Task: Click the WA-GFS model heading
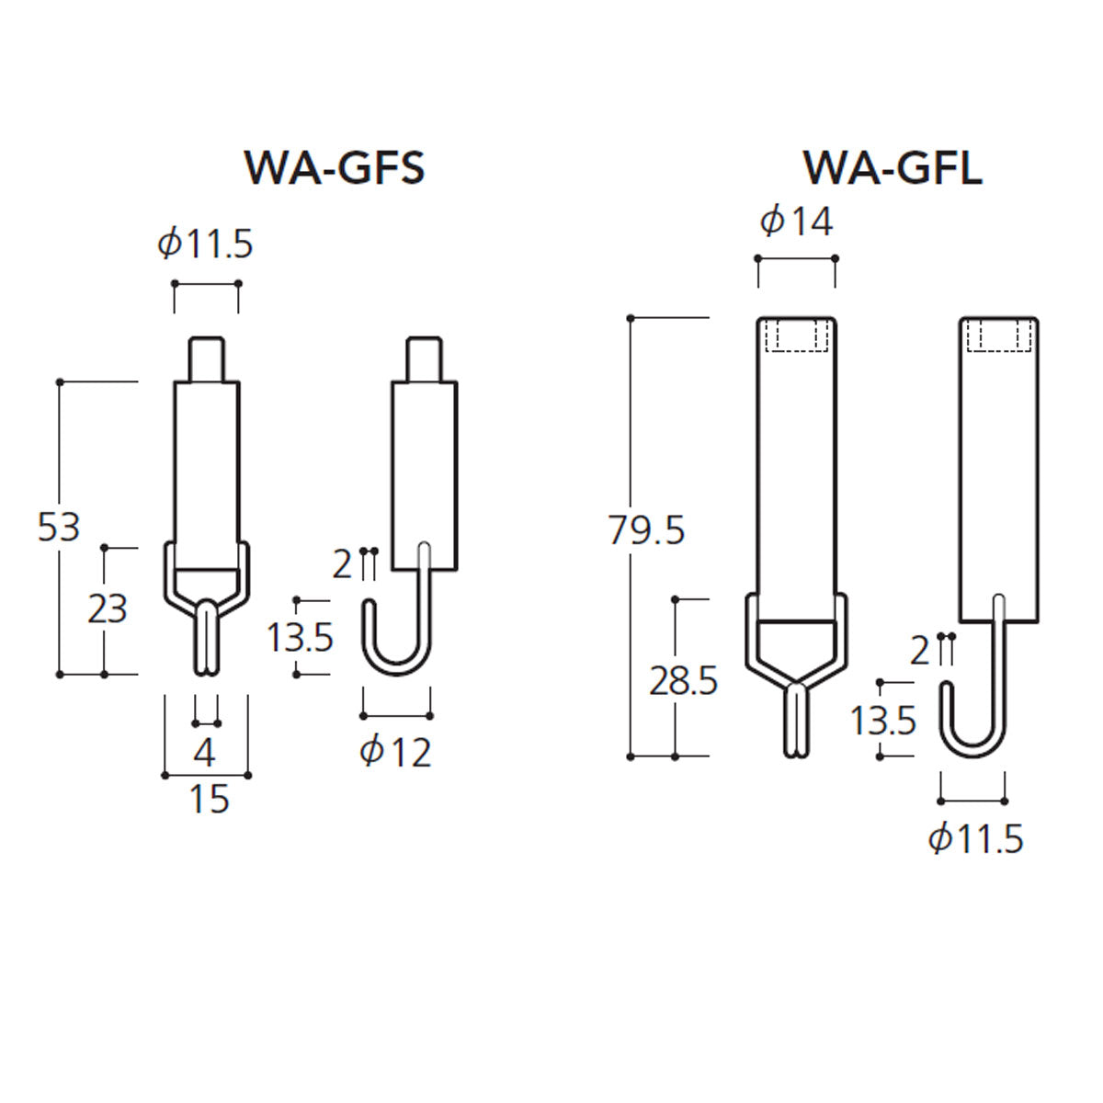tap(335, 167)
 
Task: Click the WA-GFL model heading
tap(893, 167)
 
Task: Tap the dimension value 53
tap(59, 528)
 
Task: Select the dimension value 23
tap(107, 608)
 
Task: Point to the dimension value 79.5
tap(646, 530)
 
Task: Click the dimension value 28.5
tap(684, 681)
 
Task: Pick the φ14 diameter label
tap(796, 222)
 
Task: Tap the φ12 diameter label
tap(395, 752)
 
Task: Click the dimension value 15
tap(209, 799)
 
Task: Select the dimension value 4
tap(204, 753)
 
